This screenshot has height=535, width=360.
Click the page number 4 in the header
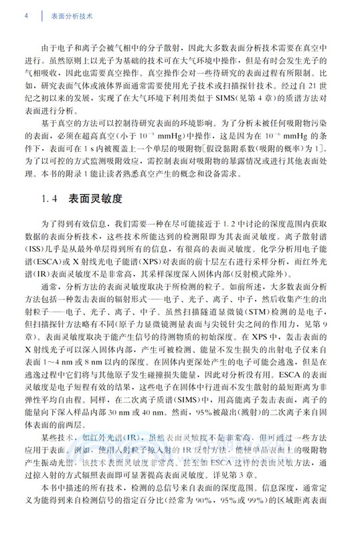coord(25,13)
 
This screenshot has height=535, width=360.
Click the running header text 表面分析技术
coord(71,13)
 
